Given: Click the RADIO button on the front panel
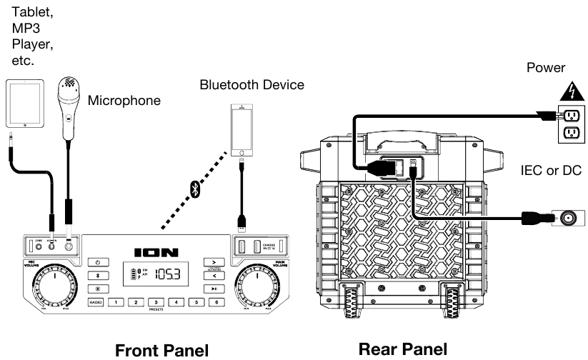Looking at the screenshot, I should pos(96,302).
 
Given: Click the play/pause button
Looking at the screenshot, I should pos(214,289).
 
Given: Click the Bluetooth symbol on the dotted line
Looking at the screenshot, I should pos(193,189).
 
